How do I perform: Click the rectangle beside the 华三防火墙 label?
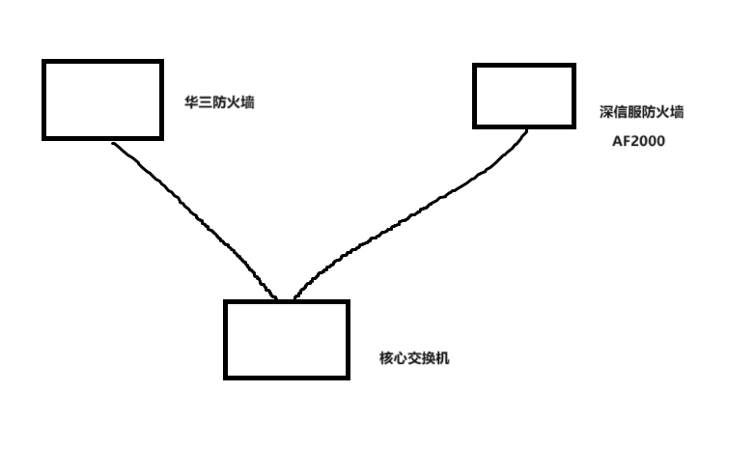coord(102,99)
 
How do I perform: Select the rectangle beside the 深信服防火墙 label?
coord(524,96)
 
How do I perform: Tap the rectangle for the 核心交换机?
coord(286,339)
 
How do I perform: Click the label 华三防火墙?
coord(219,102)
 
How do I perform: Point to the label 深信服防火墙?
coord(641,112)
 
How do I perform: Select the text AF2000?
coord(638,141)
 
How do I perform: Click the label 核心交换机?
coord(415,358)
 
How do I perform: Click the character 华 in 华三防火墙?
coord(191,102)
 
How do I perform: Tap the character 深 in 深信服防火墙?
coord(606,112)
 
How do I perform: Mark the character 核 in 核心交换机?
coord(387,358)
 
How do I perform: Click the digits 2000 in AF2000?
coord(647,141)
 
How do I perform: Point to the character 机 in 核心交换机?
coord(443,358)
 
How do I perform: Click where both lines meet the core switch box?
coord(285,299)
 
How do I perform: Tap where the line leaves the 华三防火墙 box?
coord(114,142)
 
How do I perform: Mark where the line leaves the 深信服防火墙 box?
coord(527,129)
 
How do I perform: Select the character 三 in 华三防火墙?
coord(206,102)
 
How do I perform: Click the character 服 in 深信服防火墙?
coord(634,112)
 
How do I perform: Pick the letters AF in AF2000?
coord(620,141)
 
